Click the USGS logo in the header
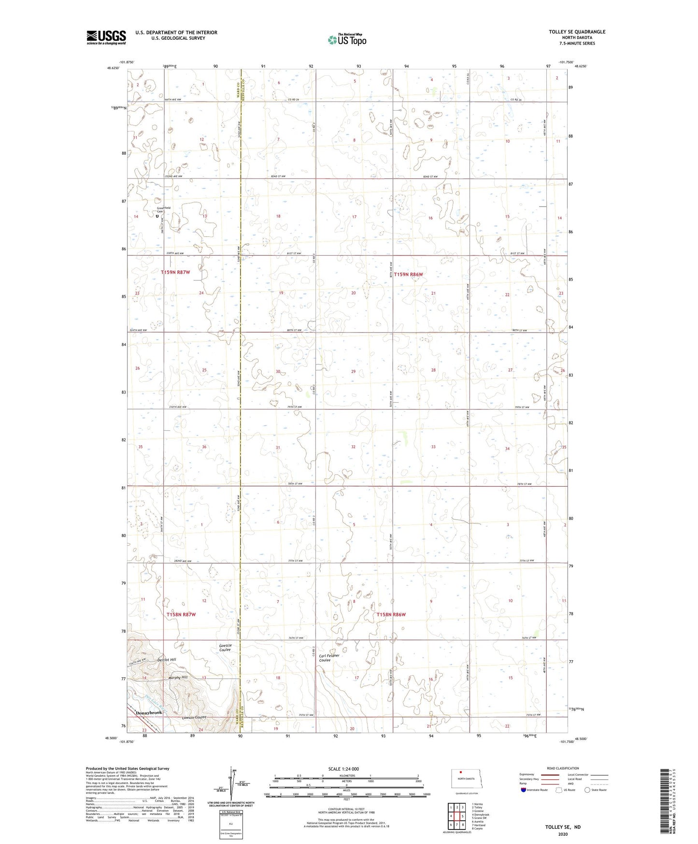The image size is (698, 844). (106, 37)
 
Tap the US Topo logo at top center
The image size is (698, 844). (346, 39)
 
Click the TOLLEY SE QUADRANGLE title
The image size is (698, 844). (577, 32)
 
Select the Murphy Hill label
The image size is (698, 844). (178, 678)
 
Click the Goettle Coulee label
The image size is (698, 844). (225, 648)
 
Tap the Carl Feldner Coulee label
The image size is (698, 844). (329, 658)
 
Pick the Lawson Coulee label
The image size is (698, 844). (194, 717)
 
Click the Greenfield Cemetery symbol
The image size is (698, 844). (157, 216)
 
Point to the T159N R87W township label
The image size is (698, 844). (175, 272)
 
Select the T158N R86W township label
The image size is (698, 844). (391, 614)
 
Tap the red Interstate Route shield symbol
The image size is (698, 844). (524, 790)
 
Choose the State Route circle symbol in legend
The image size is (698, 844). (587, 790)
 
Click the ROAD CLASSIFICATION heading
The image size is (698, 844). (563, 768)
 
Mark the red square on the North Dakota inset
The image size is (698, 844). (460, 772)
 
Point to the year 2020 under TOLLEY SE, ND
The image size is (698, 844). (563, 834)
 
